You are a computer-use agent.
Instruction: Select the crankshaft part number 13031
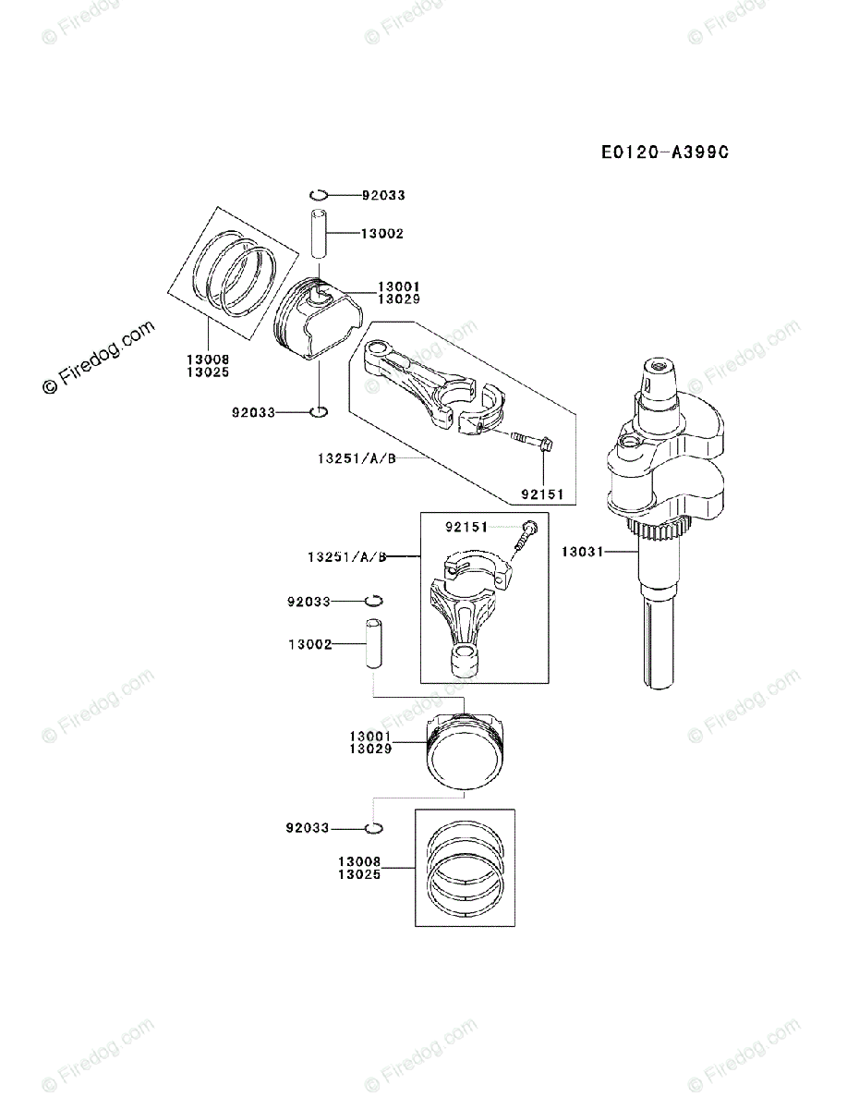[581, 552]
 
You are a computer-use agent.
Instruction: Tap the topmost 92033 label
[383, 195]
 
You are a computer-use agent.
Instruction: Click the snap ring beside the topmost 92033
[319, 193]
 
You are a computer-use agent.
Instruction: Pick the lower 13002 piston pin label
[309, 644]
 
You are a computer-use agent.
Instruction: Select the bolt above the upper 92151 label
[533, 443]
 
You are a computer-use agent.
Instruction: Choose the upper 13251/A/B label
[357, 457]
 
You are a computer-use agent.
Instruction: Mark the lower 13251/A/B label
[347, 557]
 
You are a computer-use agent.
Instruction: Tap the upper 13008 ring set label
[207, 359]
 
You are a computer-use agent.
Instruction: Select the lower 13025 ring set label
[359, 873]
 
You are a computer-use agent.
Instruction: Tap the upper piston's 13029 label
[399, 299]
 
